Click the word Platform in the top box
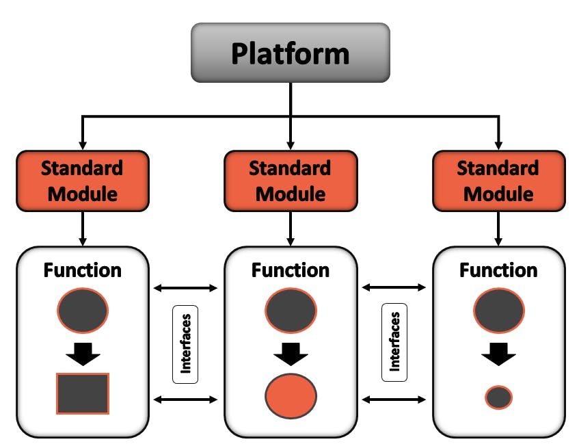pos(290,53)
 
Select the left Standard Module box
pos(83,181)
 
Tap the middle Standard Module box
pos(291,181)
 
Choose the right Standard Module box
pos(498,181)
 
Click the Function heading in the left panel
pos(83,270)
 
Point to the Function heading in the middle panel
pos(291,270)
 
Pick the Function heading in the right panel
pos(498,270)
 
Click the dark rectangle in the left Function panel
pos(83,393)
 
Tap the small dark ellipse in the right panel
pos(498,397)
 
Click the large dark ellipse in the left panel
pos(83,311)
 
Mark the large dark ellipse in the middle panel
pos(291,311)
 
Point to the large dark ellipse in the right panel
pos(498,311)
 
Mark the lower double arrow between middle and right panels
pos(394,399)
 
